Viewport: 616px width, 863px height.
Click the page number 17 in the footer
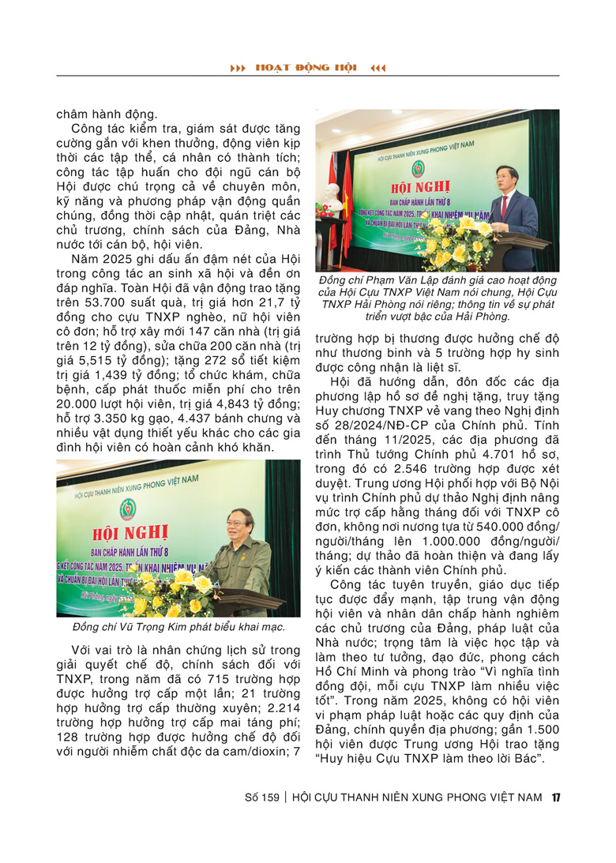coord(556,797)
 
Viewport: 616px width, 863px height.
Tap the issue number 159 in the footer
coord(270,797)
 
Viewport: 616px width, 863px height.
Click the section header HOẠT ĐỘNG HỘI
coord(307,68)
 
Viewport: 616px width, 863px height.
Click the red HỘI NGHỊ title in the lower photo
coord(158,535)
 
